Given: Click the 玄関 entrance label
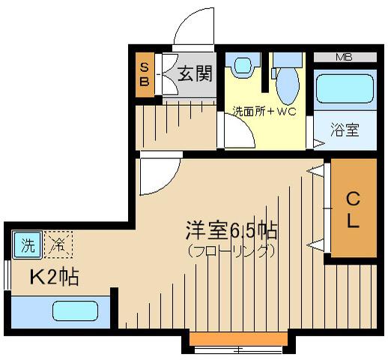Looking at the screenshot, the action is [x=195, y=73].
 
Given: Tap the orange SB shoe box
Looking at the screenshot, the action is [x=145, y=75].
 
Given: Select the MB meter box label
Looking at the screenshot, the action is [x=345, y=57].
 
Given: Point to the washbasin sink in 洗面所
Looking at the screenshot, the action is [x=243, y=65].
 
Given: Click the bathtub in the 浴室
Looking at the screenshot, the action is [x=345, y=89].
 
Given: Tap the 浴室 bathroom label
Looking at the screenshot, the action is [x=345, y=130].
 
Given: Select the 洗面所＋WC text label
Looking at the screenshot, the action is [x=264, y=111].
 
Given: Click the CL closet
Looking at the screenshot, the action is [x=354, y=208].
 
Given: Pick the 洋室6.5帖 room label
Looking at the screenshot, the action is [x=231, y=229].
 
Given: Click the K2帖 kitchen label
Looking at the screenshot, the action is [x=55, y=277].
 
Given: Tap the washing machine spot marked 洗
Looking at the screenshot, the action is [x=27, y=244].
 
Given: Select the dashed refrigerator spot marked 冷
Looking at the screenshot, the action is [x=58, y=244].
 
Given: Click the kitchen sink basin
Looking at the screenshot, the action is [x=75, y=310].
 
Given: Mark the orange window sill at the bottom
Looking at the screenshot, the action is [x=238, y=339].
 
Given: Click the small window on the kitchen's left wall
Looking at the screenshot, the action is [x=7, y=275].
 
